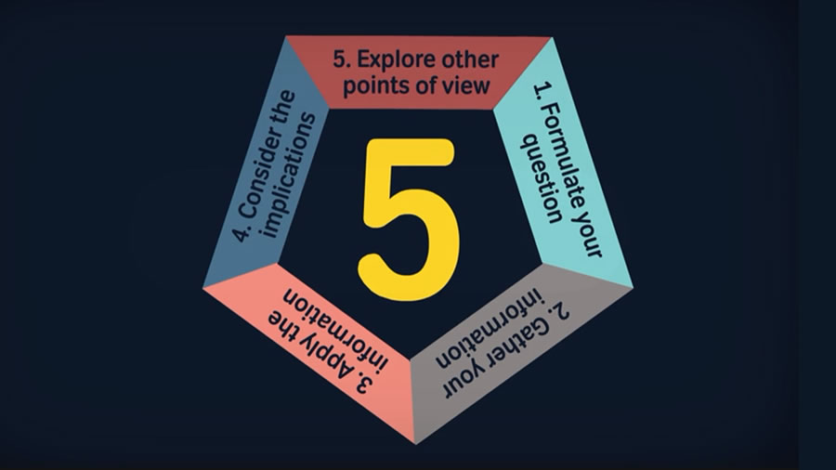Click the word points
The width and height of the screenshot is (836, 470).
tap(374, 86)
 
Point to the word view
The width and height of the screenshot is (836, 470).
tap(467, 85)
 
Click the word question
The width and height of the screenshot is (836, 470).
tap(541, 179)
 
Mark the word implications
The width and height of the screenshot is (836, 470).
tap(289, 176)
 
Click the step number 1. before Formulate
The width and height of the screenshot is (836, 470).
tap(542, 91)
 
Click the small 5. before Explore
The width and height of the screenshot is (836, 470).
tap(342, 59)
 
